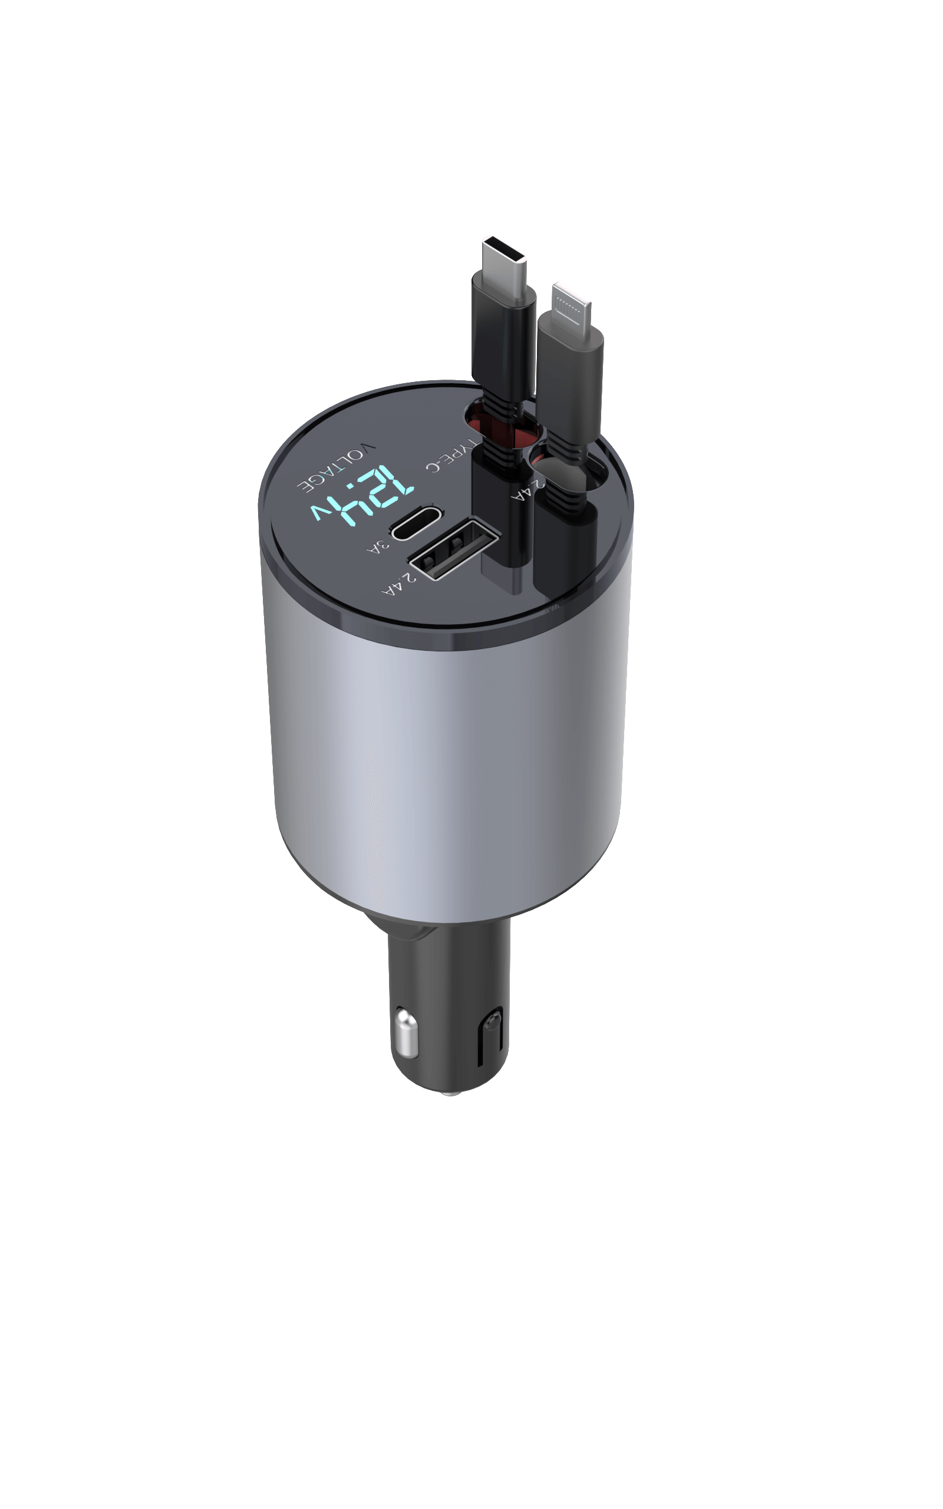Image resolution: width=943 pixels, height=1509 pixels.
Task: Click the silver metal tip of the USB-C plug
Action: (503, 255)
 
